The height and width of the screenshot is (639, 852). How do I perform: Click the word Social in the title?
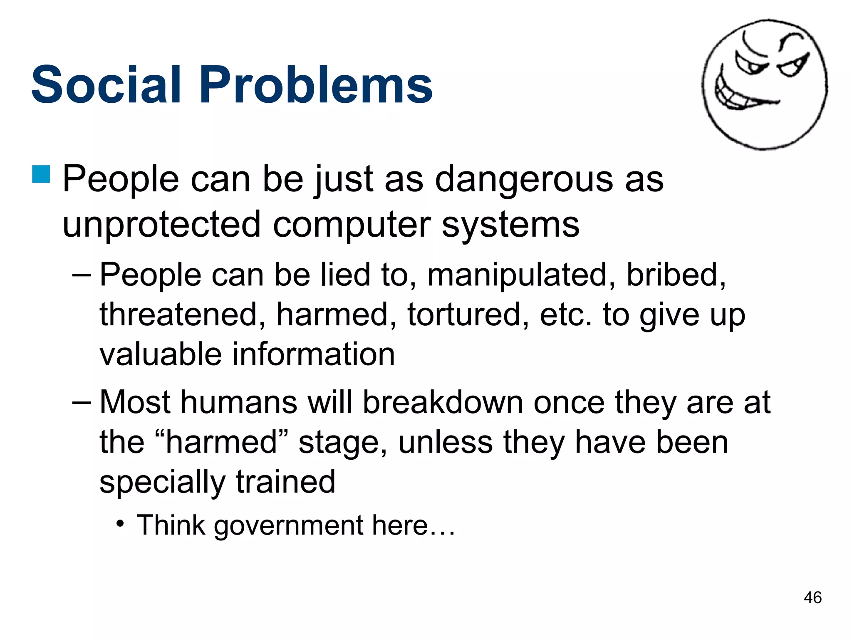106,85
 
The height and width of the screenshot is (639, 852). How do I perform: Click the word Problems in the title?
316,85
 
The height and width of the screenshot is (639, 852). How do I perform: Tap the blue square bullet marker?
41,174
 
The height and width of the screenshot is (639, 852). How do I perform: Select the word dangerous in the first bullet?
524,180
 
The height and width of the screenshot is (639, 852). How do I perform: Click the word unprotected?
161,225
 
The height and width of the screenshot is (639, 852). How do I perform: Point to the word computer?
352,225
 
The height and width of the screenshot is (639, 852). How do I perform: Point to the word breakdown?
443,403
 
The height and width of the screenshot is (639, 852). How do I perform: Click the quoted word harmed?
221,442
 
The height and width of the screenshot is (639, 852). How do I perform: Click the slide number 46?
812,598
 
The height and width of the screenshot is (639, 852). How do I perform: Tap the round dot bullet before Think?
120,524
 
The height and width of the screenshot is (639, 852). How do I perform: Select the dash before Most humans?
81,403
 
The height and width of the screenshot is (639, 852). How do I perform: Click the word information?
313,354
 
